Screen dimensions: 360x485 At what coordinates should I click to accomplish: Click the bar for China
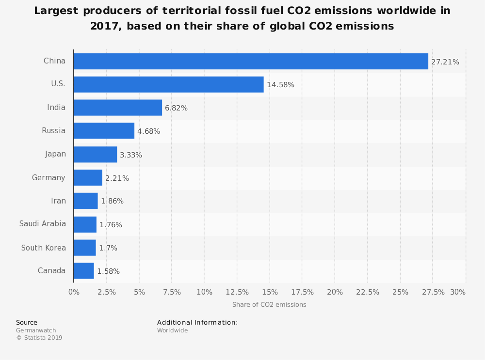[251, 62]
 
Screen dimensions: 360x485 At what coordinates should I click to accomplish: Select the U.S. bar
[169, 84]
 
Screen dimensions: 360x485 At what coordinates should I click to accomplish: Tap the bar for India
[118, 108]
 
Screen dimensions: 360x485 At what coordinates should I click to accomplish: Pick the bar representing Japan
[95, 155]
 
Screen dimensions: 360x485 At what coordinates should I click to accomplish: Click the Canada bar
[84, 271]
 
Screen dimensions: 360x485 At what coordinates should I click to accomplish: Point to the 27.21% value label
[445, 62]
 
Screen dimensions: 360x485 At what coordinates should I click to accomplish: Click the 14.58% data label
[280, 85]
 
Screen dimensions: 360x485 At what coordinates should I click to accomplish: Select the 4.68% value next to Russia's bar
[148, 131]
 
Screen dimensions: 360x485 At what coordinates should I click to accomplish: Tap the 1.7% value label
[108, 248]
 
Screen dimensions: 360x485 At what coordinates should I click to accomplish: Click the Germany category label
[48, 178]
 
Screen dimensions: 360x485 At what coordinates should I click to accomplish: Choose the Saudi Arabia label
[43, 224]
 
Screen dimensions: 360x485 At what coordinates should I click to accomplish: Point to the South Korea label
[44, 248]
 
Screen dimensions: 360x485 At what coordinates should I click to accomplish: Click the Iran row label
[58, 201]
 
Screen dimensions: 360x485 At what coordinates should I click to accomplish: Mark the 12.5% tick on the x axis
[237, 292]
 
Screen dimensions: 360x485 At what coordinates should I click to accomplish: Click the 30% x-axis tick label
[458, 292]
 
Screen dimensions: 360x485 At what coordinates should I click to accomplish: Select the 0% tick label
[74, 292]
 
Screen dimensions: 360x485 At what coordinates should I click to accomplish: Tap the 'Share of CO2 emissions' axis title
[269, 305]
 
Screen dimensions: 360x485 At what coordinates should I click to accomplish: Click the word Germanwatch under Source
[36, 330]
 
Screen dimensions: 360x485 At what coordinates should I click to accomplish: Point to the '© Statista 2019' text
[39, 338]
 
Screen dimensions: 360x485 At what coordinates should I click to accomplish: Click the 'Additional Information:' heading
[197, 322]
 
